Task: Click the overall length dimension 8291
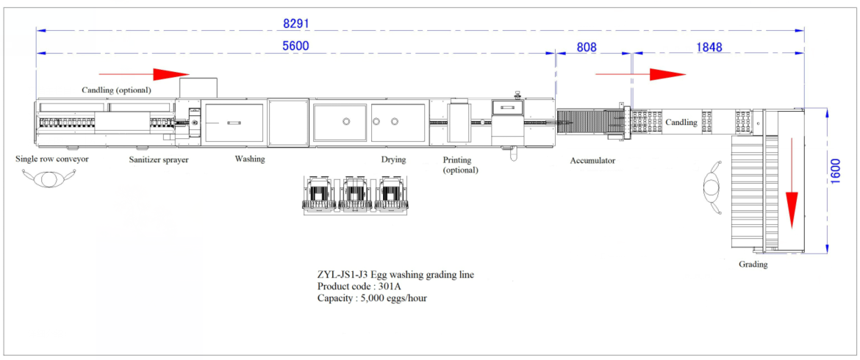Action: click(297, 24)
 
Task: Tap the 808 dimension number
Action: click(587, 46)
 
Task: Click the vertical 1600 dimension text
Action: click(835, 171)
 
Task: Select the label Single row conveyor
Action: click(52, 159)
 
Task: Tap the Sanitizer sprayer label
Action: click(159, 160)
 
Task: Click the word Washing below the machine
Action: click(250, 159)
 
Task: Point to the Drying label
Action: click(393, 160)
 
